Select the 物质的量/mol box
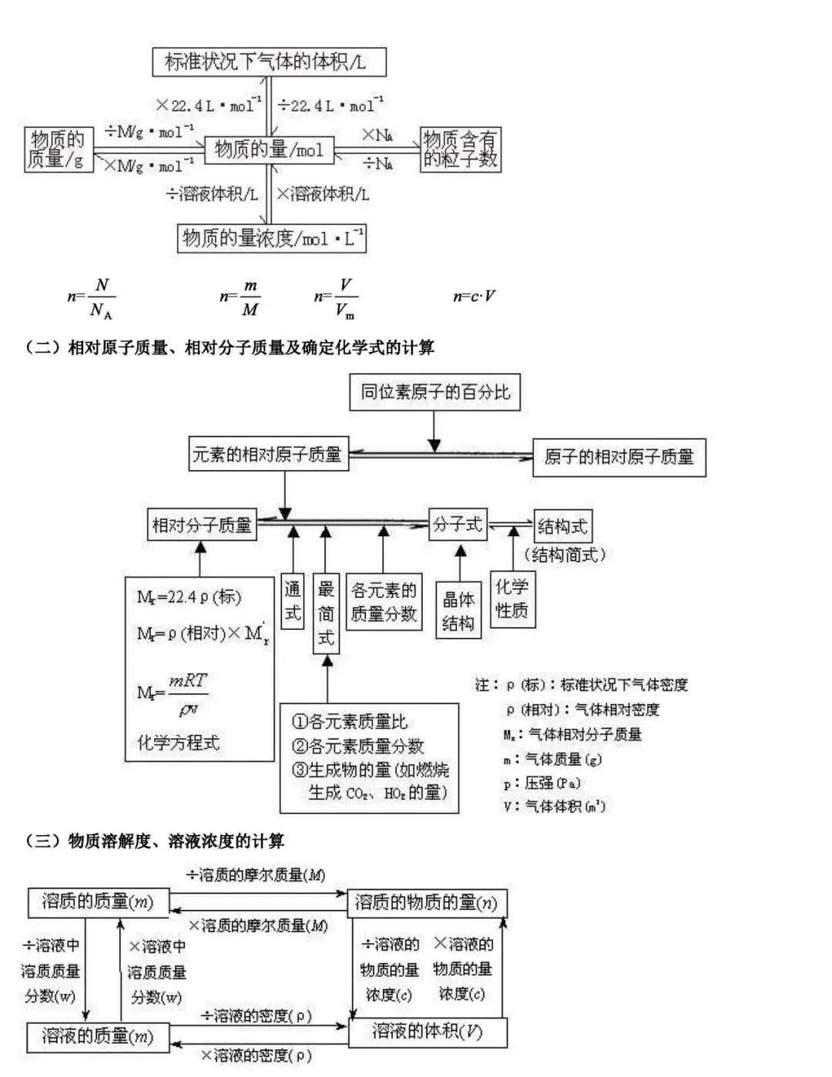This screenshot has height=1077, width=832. coord(269,149)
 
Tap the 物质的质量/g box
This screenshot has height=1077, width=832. coord(59,149)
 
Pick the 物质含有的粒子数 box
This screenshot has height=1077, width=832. coord(461,149)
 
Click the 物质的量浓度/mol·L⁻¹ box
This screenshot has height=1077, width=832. coord(272,238)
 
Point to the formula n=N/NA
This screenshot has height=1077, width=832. coord(92,297)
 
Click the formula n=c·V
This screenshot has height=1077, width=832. coord(474,297)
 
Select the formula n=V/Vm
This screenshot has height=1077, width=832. coord(336,297)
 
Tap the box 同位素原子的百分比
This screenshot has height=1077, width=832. coord(435,392)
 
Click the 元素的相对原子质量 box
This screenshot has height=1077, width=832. coord(268,454)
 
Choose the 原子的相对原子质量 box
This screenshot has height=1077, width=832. coord(619,458)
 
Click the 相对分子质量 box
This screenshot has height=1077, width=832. coord(202,525)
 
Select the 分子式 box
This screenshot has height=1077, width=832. coord(458,525)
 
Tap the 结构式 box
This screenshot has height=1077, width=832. coord(562,527)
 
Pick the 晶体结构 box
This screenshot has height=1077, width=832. coord(458,612)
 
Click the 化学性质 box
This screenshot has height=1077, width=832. coord(512,599)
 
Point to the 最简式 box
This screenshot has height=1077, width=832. coord(326,614)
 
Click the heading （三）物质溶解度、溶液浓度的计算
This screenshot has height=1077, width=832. coord(155,840)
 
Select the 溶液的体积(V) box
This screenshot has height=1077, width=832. coord(428,1032)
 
